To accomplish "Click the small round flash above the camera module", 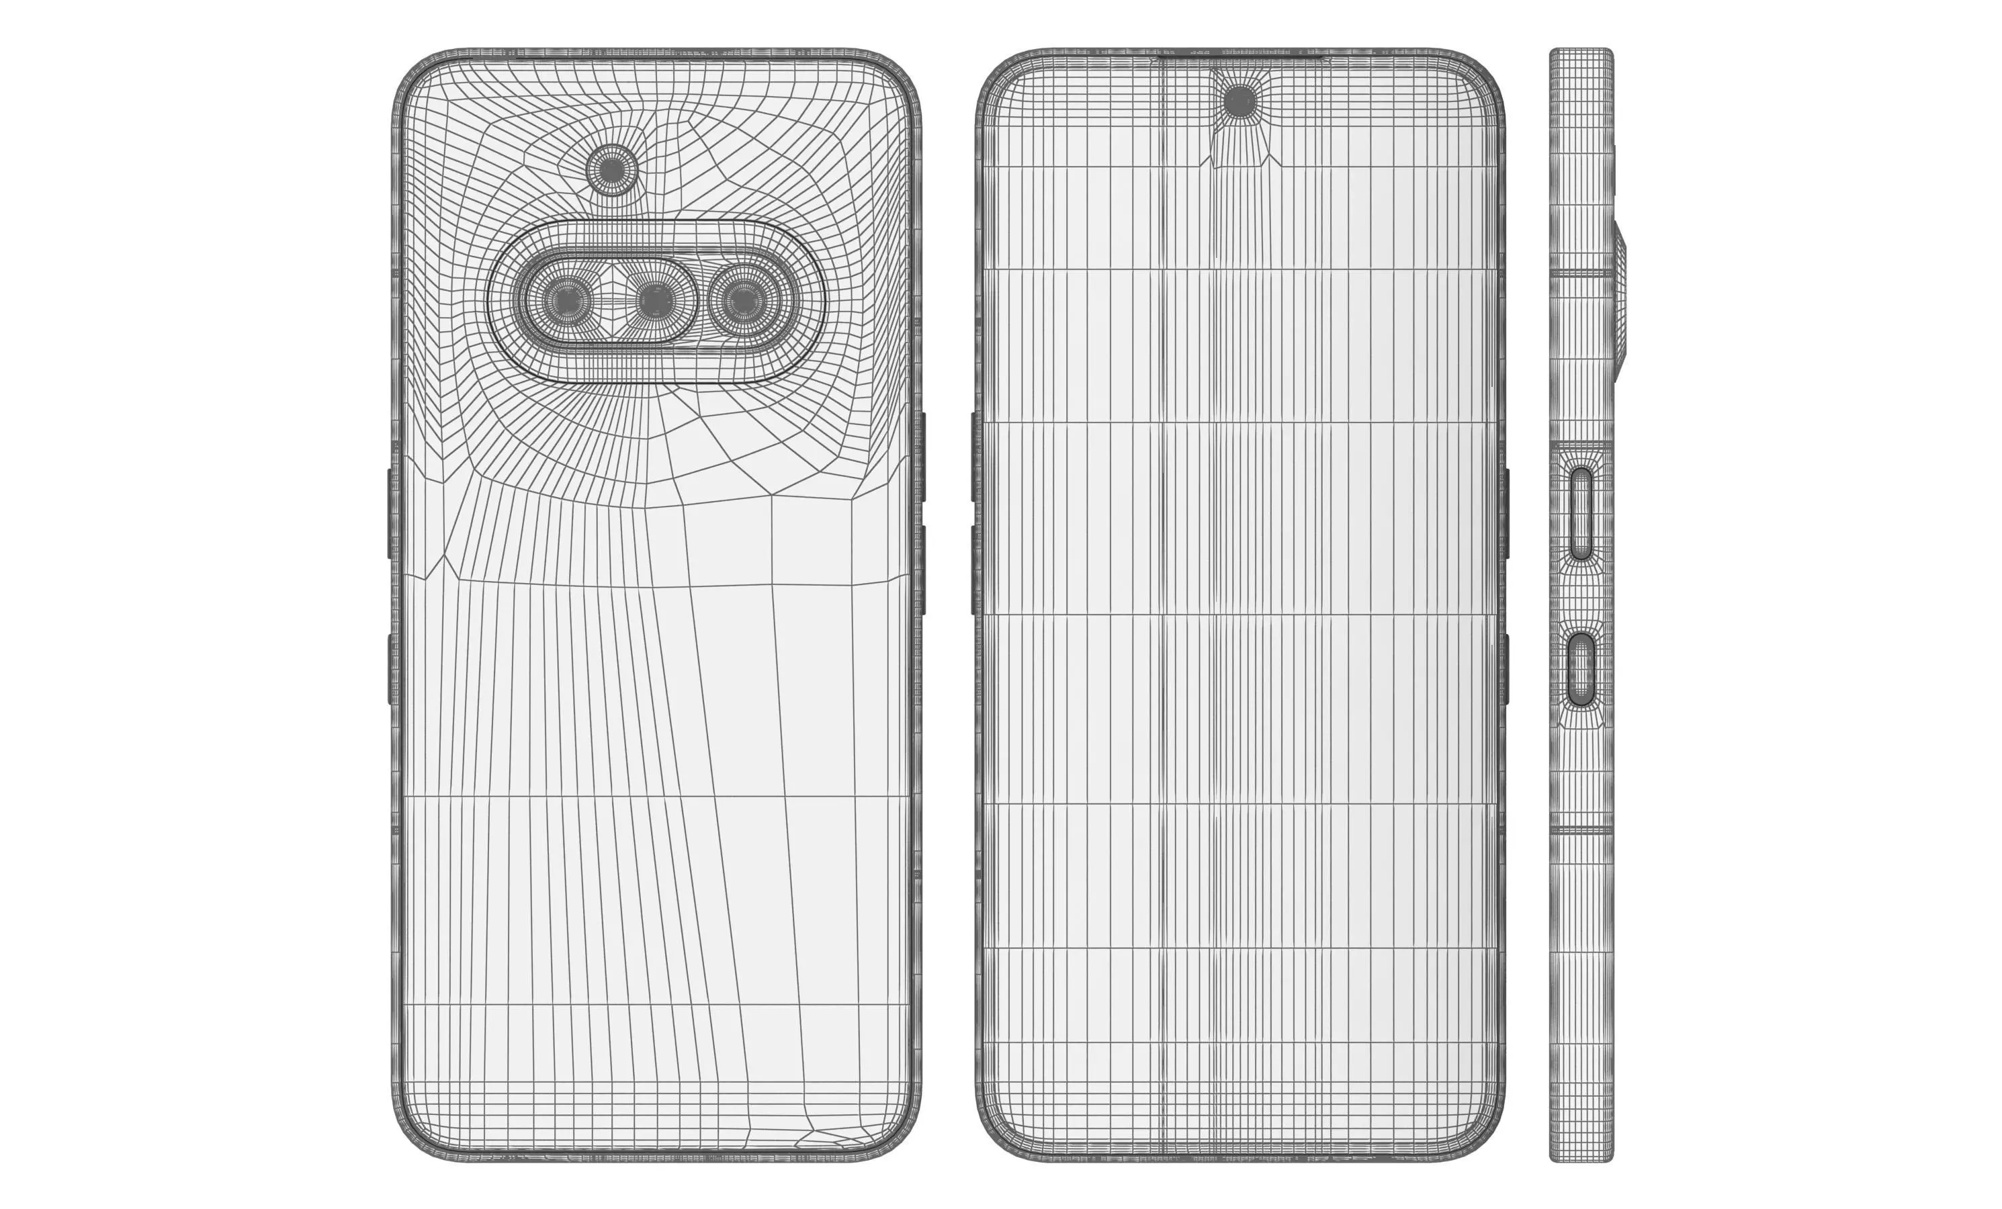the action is (613, 170).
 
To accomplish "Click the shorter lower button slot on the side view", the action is (1581, 668).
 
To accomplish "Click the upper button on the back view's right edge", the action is (923, 457).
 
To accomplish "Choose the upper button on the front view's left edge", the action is (973, 457).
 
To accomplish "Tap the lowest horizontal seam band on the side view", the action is (1581, 832).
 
